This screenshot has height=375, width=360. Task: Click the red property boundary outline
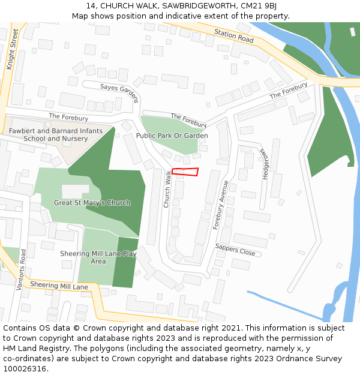tap(185, 172)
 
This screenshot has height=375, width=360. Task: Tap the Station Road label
tap(234, 35)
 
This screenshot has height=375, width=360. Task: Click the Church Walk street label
tap(167, 188)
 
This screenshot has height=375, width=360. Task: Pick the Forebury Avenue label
tap(221, 205)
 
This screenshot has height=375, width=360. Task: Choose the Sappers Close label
tap(235, 250)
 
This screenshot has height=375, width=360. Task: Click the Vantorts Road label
tap(22, 269)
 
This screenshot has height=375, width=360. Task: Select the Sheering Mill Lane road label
tap(59, 286)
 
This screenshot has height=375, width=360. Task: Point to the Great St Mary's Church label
tap(92, 203)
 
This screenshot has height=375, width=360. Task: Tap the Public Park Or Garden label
tap(172, 136)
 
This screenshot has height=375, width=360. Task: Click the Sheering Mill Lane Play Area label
tap(98, 257)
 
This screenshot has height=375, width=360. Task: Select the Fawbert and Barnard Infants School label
tap(55, 134)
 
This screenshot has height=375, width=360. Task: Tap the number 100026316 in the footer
tap(25, 368)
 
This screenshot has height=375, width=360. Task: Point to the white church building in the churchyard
tap(75, 191)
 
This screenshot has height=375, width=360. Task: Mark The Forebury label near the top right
tap(288, 91)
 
